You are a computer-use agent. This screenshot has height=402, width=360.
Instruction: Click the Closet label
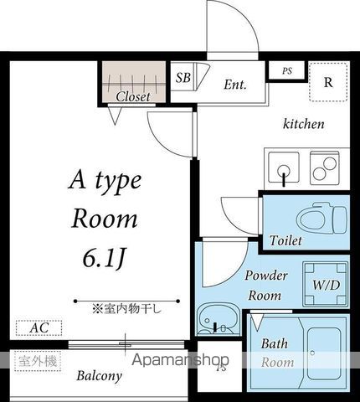133,96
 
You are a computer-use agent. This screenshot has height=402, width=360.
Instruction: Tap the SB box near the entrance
183,77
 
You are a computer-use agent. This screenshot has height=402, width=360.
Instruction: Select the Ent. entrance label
235,85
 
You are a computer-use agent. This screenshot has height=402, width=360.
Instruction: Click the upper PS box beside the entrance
286,71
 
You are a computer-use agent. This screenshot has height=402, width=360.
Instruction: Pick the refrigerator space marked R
328,83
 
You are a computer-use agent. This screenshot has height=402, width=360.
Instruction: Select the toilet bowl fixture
320,219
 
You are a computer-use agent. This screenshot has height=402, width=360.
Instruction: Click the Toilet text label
285,241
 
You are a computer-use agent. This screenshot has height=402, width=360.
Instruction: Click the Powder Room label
266,286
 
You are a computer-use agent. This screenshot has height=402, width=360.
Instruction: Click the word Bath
275,344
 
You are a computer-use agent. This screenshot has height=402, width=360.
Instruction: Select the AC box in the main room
39,328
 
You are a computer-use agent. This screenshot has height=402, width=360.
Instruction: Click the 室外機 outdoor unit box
39,361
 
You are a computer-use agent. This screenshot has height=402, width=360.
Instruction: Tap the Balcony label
100,376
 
